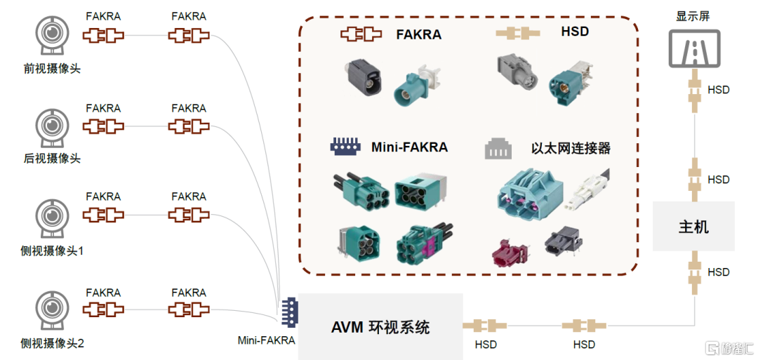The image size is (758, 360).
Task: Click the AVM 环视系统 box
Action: [x=380, y=326]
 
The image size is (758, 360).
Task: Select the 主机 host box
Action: [x=693, y=227]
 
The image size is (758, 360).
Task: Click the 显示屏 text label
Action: [x=693, y=15]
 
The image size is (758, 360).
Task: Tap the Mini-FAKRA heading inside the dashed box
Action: [x=409, y=147]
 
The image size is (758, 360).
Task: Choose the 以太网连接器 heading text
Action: [x=571, y=148]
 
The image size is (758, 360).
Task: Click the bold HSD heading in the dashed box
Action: [x=575, y=32]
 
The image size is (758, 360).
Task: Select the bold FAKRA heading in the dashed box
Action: [x=418, y=33]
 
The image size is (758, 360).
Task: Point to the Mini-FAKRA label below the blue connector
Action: [x=267, y=341]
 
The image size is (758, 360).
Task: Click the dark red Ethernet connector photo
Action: [x=512, y=251]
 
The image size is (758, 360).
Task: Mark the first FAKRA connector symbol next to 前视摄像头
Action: [x=103, y=35]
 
